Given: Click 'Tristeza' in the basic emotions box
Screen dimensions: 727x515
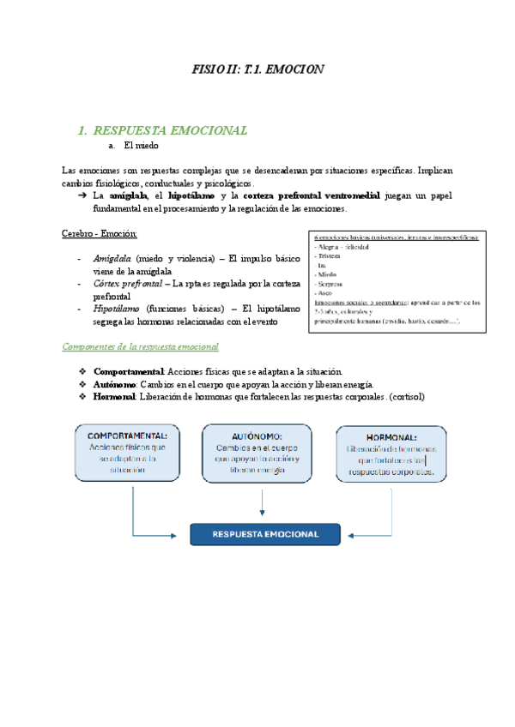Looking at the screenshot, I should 330,256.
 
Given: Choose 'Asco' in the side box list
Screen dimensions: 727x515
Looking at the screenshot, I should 324,292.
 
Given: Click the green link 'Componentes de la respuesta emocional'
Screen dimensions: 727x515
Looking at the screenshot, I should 141,346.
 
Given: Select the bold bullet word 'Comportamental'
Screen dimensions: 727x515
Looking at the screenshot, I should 129,371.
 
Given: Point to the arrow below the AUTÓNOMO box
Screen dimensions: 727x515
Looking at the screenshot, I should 257,502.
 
